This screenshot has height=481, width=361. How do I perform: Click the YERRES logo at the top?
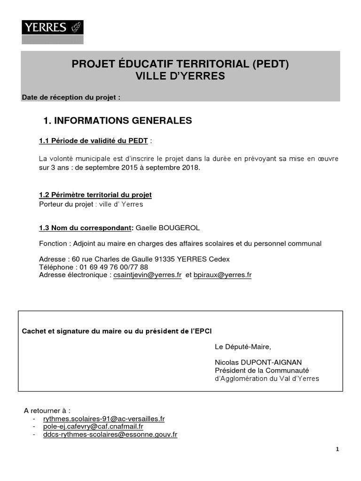[x=53, y=27]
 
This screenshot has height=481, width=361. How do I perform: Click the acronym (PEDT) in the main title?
[x=270, y=64]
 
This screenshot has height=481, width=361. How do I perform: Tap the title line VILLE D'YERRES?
[x=180, y=76]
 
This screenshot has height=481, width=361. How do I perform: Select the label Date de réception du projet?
[x=71, y=98]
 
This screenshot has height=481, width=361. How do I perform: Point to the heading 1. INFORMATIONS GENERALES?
[x=118, y=121]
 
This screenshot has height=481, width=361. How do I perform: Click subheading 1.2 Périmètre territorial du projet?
[x=95, y=194]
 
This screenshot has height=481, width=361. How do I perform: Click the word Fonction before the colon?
[x=53, y=243]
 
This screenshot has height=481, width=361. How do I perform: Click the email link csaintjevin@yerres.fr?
[x=148, y=275]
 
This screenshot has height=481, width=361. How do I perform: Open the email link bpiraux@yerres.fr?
[x=222, y=275]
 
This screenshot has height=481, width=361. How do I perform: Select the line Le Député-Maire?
[x=243, y=347]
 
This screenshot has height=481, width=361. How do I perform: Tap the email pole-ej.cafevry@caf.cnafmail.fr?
[x=93, y=427]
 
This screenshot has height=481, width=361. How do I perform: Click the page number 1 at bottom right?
[x=337, y=449]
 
